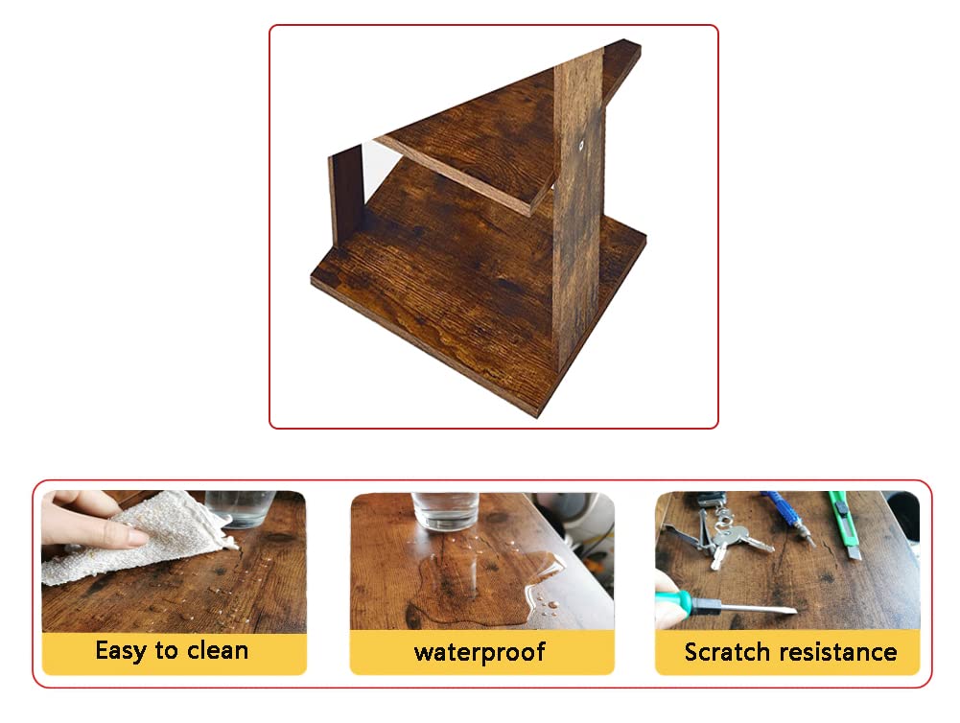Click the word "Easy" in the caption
tap(121, 651)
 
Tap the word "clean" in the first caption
tap(218, 650)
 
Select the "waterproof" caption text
tap(480, 653)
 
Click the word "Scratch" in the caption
tap(725, 652)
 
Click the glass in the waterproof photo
tap(445, 510)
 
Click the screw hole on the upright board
tap(581, 145)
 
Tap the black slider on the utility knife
tap(841, 507)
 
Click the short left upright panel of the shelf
tap(346, 194)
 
